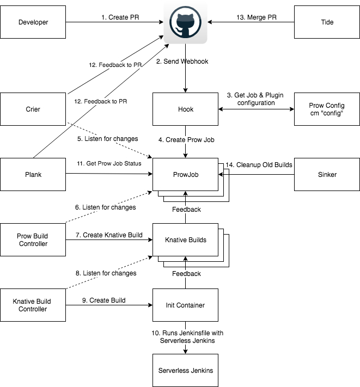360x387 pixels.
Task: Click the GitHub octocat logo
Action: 185,22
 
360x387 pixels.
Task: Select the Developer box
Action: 33,22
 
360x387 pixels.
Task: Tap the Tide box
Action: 327,22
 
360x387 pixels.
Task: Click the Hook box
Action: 185,109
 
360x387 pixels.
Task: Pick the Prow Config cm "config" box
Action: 327,109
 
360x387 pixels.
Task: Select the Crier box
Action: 33,109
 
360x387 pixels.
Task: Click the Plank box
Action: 33,174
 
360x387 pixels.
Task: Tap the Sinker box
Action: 327,174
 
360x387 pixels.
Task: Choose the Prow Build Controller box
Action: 33,239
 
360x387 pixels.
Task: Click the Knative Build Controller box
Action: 33,305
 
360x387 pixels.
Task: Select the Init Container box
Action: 185,305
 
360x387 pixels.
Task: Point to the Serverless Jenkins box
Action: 185,370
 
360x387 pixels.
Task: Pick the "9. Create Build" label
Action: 103,300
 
